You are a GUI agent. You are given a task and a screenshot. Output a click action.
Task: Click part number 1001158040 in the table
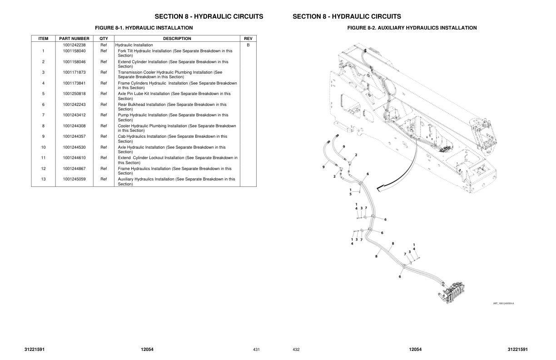pos(74,51)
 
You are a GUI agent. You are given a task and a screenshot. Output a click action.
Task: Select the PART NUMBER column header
pos(74,39)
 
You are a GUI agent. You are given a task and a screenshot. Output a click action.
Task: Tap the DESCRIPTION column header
pos(177,39)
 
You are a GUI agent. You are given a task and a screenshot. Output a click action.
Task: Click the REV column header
pos(248,39)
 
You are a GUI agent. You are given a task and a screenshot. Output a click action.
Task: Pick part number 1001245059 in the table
pos(74,179)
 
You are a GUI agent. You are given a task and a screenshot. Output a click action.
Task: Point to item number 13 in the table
pos(43,179)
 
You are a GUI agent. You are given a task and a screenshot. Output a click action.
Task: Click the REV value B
pos(248,45)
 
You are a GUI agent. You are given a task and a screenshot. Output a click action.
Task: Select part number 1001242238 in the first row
pos(74,45)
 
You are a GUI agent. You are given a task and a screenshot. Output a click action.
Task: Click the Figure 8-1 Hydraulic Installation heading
pos(144,28)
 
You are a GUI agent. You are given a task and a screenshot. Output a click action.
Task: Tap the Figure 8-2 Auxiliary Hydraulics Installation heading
pos(412,28)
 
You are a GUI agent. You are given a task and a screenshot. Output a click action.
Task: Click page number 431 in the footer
pos(256,350)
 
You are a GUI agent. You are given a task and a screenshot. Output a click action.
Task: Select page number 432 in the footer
pos(296,350)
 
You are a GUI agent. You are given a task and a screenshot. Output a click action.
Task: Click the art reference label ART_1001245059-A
pos(503,304)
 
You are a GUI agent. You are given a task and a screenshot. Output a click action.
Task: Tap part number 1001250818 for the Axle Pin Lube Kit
pos(74,94)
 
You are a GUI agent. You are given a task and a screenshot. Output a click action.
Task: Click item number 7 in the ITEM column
pos(43,115)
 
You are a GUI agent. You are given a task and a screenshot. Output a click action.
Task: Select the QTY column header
pos(104,39)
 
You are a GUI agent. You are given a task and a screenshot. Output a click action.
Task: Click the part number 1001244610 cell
pos(74,158)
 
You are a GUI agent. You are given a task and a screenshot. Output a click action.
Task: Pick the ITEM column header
pos(43,39)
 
